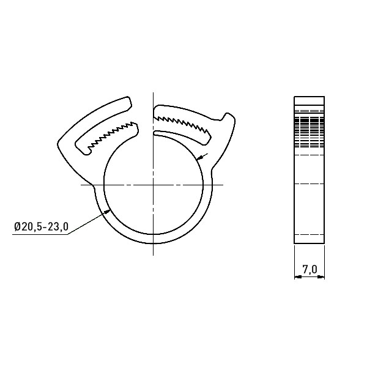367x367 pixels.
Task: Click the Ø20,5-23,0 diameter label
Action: click(41, 227)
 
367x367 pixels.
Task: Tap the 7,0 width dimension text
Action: click(310, 269)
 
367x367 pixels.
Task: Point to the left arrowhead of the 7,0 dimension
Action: click(298, 277)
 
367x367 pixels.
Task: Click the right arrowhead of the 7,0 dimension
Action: click(321, 277)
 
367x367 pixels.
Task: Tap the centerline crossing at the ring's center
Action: click(153, 185)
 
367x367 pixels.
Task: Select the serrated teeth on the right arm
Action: click(182, 124)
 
